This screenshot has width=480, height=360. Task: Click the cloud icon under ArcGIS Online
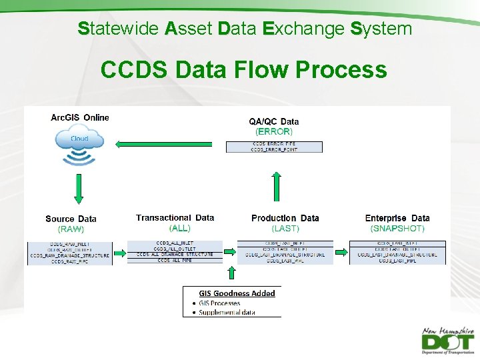[x=79, y=139]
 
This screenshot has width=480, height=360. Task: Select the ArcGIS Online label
[x=80, y=117]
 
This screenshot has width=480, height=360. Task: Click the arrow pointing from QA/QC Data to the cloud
[x=163, y=143]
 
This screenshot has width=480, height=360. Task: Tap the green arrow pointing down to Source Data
[x=79, y=191]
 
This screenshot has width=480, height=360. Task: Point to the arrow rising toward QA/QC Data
[x=277, y=185]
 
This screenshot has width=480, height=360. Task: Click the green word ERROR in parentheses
[x=274, y=131]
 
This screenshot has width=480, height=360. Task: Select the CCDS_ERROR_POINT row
[x=274, y=150]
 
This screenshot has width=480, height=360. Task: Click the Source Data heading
[x=71, y=219]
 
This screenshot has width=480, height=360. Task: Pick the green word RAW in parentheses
[x=71, y=229]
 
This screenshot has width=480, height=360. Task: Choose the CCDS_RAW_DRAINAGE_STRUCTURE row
[x=70, y=255]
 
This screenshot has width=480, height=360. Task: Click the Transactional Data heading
[x=175, y=218]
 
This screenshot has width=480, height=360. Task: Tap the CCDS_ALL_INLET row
[x=175, y=243]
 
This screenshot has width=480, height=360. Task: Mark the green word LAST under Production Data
[x=285, y=229]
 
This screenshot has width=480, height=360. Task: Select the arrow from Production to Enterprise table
[x=341, y=253]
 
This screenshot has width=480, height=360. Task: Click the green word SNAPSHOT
[x=397, y=229]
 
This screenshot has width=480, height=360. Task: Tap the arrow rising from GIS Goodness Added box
[x=232, y=273]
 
